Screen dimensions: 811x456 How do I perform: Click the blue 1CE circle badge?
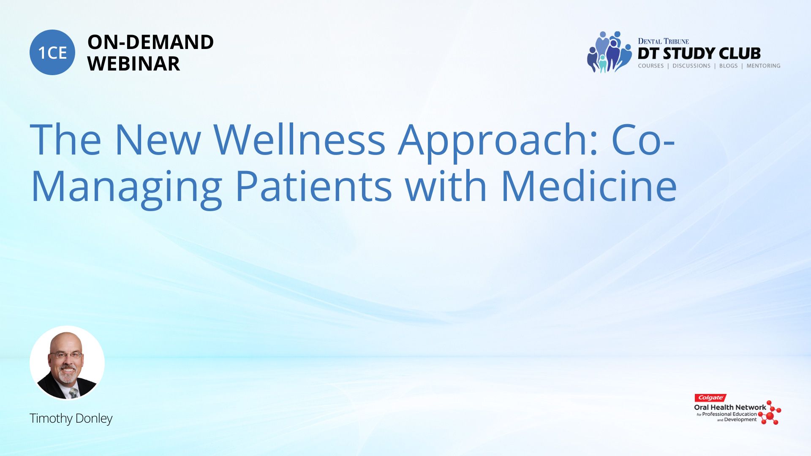coord(52,52)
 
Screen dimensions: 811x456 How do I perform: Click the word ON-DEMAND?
coord(150,42)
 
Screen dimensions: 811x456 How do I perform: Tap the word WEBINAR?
coord(133,64)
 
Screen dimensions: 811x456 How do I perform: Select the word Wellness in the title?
coord(299,139)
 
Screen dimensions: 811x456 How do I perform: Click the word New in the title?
coord(158,139)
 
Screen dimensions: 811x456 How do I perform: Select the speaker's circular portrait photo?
coord(67,363)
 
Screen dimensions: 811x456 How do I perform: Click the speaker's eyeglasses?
coord(66,356)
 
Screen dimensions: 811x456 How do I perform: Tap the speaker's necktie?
coord(74,393)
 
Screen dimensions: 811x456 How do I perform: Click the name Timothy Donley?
coord(71,418)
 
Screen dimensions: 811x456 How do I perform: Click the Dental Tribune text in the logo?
coord(663,41)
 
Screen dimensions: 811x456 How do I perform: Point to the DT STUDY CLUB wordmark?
coord(699,54)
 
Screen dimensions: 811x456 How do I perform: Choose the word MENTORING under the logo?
coord(763,66)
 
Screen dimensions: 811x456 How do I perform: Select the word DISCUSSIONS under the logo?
coord(691,66)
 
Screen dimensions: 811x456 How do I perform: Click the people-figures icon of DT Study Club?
coord(609,52)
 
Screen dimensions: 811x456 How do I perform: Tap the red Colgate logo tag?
coord(710,398)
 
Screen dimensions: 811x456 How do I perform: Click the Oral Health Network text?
coord(730,407)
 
